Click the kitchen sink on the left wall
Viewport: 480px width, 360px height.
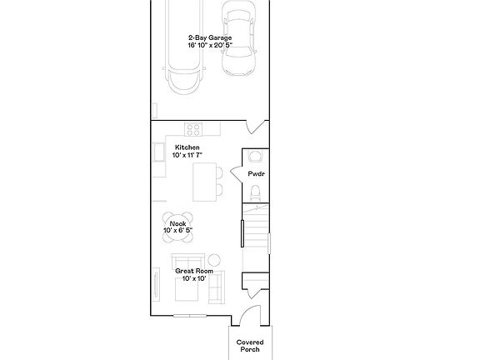(x=159, y=153)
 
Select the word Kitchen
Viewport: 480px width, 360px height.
(x=187, y=147)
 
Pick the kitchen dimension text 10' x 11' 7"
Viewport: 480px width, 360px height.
(x=187, y=156)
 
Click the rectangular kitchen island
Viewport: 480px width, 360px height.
(x=203, y=181)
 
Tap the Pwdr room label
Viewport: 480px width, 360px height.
(x=256, y=173)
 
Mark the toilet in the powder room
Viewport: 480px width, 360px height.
(x=256, y=194)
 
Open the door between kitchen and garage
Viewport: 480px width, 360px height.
(x=257, y=130)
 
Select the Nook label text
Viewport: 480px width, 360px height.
(x=177, y=223)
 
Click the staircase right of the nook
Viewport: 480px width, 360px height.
(x=255, y=237)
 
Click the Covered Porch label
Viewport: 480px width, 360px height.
(x=249, y=346)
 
